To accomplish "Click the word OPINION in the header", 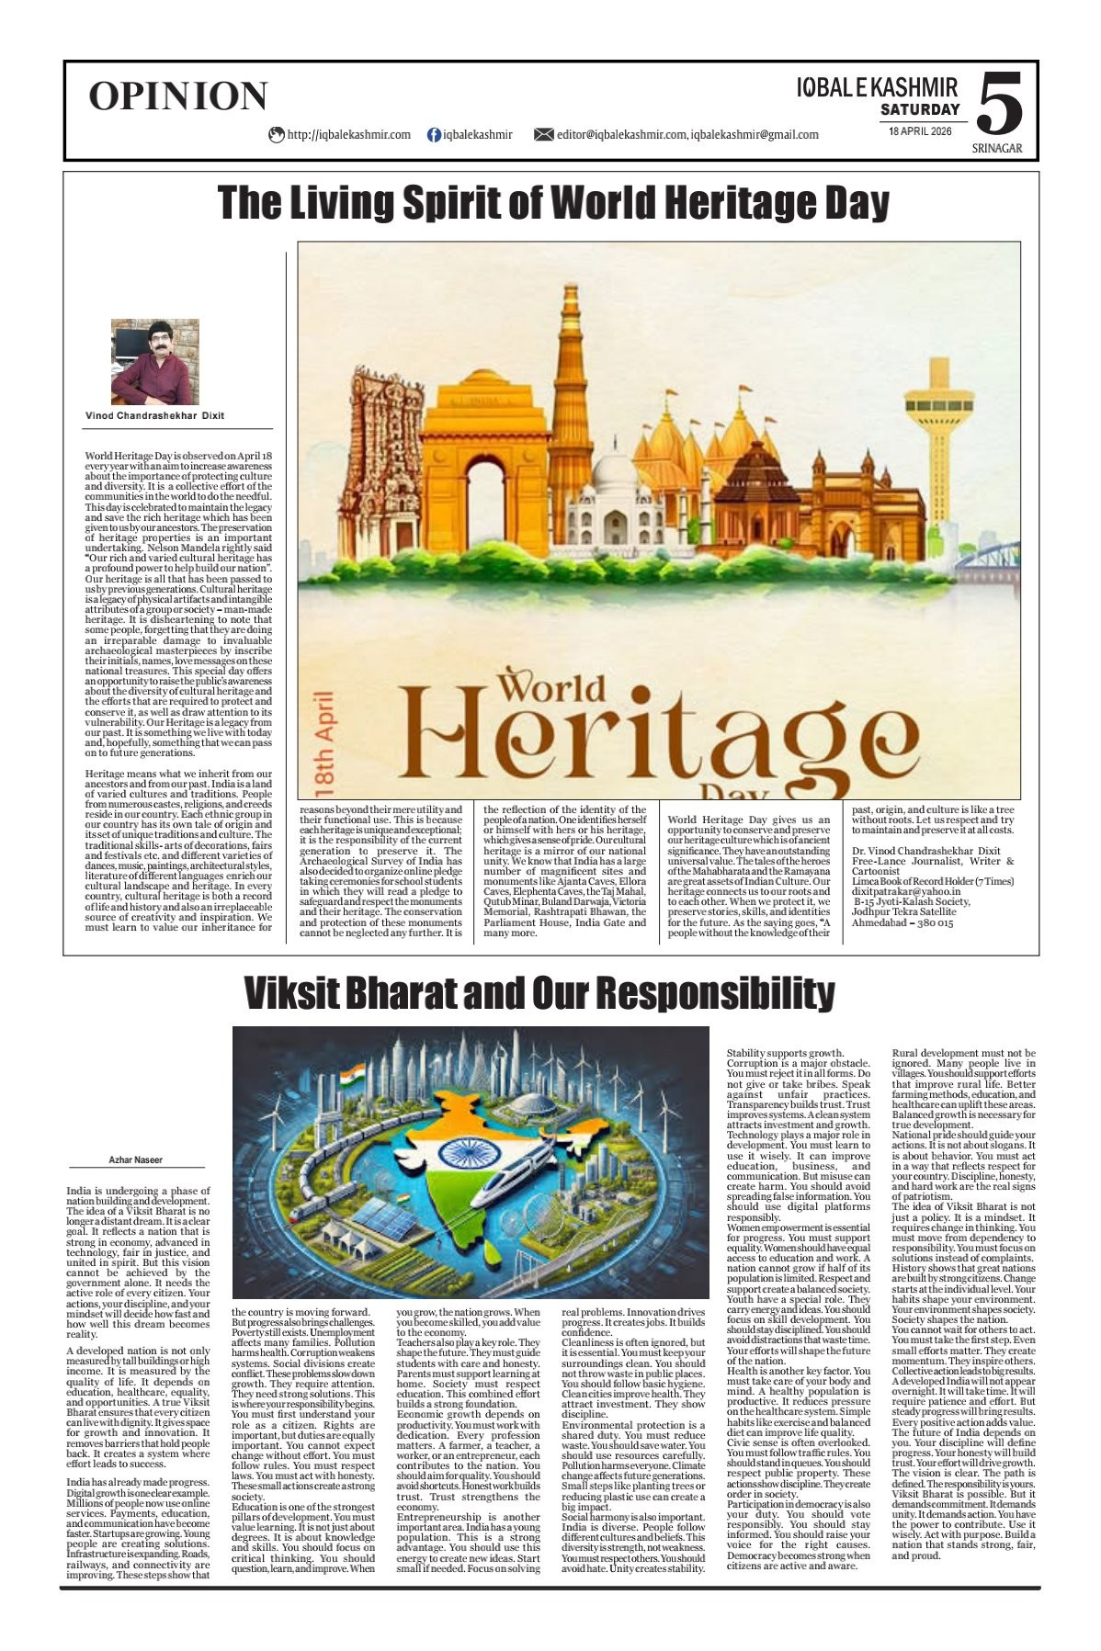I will click(177, 96).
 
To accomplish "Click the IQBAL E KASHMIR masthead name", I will click(877, 88).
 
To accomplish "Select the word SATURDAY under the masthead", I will click(920, 110).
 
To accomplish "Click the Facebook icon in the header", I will click(434, 135).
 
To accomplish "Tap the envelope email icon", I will click(543, 135).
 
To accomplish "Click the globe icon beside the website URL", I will click(276, 135).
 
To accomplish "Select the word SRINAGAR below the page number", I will click(997, 149).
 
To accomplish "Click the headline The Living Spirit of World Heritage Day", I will click(553, 203).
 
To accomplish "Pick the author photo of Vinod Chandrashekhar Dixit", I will click(154, 362).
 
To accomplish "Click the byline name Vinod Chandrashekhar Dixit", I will click(154, 415).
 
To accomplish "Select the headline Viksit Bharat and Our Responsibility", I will click(539, 993).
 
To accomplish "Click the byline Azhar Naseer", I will click(135, 1160).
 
